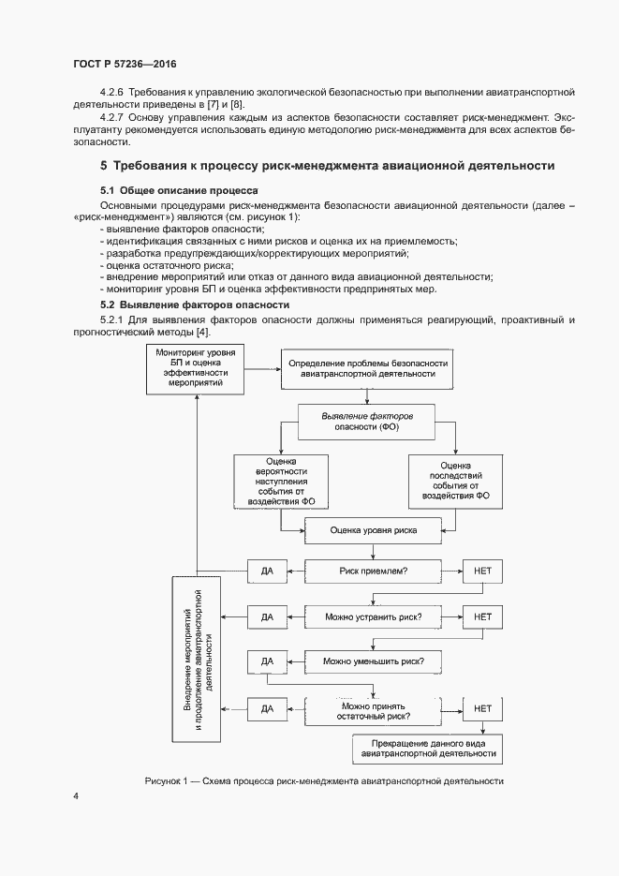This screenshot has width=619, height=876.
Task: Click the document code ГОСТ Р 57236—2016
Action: click(124, 64)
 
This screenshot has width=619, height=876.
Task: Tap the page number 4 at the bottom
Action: click(76, 796)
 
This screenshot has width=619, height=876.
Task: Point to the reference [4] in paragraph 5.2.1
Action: click(202, 333)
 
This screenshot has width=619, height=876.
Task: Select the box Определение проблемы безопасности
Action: click(368, 368)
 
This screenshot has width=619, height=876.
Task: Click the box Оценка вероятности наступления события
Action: click(280, 483)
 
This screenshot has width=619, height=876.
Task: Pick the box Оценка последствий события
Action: click(456, 483)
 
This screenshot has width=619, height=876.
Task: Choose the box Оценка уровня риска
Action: click(373, 530)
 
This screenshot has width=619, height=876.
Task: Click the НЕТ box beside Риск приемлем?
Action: click(482, 570)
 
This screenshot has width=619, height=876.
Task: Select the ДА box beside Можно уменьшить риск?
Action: click(266, 661)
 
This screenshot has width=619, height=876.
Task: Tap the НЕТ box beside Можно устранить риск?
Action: click(482, 616)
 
